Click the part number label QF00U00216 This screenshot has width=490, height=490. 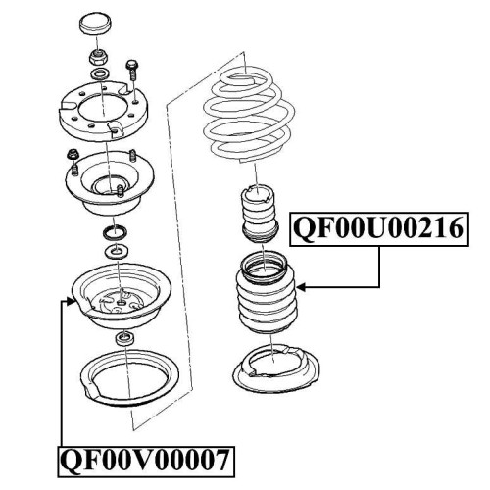click(379, 228)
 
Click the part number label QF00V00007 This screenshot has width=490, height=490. click(146, 461)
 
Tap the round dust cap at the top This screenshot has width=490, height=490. click(95, 24)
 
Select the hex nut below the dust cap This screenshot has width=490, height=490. click(98, 58)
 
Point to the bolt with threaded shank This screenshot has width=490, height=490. click(132, 70)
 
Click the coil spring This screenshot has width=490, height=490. click(249, 115)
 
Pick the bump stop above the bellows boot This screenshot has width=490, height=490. click(260, 213)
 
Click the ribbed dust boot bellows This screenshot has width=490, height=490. click(267, 293)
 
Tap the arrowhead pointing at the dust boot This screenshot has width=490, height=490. click(301, 287)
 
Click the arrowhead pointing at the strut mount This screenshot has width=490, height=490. click(72, 301)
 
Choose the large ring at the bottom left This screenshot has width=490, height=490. click(130, 378)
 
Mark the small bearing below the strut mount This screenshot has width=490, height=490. click(125, 338)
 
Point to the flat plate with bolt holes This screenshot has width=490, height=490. click(103, 112)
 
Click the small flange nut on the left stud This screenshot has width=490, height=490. click(72, 155)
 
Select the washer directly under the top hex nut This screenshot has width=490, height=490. click(99, 74)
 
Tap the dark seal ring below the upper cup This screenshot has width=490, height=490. click(115, 232)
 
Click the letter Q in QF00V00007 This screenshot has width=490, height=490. click(73, 461)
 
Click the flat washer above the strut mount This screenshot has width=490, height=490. click(116, 251)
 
